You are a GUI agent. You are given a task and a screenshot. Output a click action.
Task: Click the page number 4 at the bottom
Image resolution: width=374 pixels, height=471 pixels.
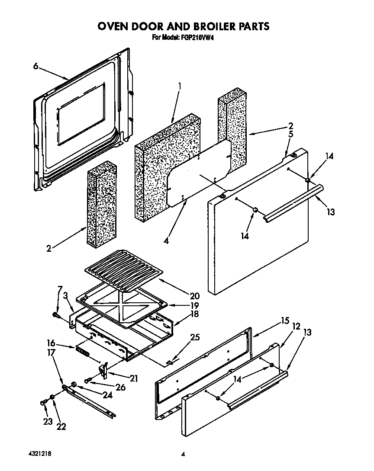click(183, 455)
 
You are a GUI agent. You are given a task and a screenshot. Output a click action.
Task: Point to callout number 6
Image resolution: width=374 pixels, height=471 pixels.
click(35, 66)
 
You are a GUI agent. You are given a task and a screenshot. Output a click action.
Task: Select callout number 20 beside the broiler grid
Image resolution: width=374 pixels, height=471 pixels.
click(194, 296)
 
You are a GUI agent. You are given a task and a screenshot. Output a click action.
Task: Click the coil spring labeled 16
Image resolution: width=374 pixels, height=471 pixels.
click(82, 351)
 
